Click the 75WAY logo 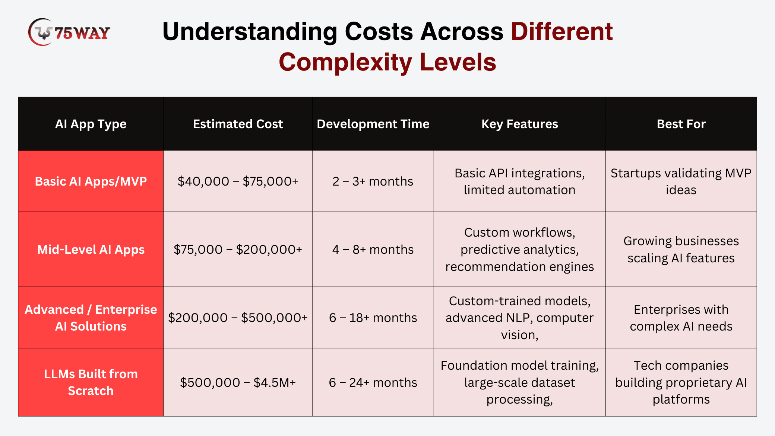coord(69,32)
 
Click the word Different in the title coord(562,31)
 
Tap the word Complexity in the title coord(345,62)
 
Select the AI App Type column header coord(91,124)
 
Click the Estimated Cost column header coord(238,124)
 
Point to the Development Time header coord(373,124)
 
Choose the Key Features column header coord(520,124)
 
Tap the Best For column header coord(681,124)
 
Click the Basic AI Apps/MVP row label coord(91,181)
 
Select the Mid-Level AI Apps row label coord(91,250)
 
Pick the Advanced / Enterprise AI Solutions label coord(91,318)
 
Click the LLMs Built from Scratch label coord(91,382)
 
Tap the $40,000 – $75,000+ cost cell coord(238,181)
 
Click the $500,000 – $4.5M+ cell coord(238,383)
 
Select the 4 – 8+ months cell coord(373,250)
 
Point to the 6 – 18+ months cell coord(373,318)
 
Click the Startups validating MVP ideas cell coord(681,181)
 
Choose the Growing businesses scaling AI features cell coord(681,250)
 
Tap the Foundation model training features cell coord(520,382)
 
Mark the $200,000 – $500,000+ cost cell coord(238,318)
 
